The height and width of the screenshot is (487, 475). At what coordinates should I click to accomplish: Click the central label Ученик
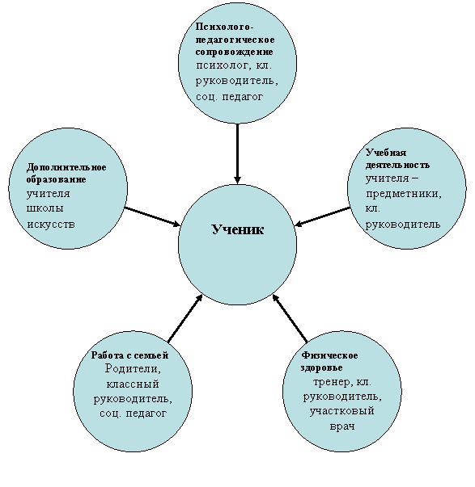[238, 229]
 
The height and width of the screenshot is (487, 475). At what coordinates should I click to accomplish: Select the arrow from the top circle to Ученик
[238, 153]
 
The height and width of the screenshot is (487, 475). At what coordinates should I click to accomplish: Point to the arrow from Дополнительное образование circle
[152, 216]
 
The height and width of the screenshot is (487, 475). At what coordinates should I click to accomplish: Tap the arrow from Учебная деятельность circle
[322, 216]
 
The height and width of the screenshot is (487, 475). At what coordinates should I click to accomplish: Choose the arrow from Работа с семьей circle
[185, 318]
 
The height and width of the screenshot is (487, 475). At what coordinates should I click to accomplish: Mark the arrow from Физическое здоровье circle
[290, 318]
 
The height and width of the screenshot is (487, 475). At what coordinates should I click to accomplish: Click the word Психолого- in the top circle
[225, 27]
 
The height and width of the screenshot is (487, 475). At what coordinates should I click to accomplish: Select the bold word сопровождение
[235, 52]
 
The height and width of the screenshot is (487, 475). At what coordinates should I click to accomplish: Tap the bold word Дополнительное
[66, 167]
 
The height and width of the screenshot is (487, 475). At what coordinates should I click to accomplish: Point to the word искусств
[51, 224]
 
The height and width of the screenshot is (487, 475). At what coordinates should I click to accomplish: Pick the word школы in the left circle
[45, 208]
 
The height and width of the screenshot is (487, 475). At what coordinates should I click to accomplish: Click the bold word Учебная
[386, 153]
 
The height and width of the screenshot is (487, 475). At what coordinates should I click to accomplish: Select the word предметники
[404, 194]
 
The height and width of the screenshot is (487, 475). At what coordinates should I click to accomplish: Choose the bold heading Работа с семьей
[129, 355]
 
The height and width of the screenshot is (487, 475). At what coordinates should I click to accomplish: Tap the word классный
[133, 384]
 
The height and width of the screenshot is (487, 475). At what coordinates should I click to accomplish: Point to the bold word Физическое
[329, 355]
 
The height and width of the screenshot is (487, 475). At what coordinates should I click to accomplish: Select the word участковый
[341, 411]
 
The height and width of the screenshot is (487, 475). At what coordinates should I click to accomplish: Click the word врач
[342, 426]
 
